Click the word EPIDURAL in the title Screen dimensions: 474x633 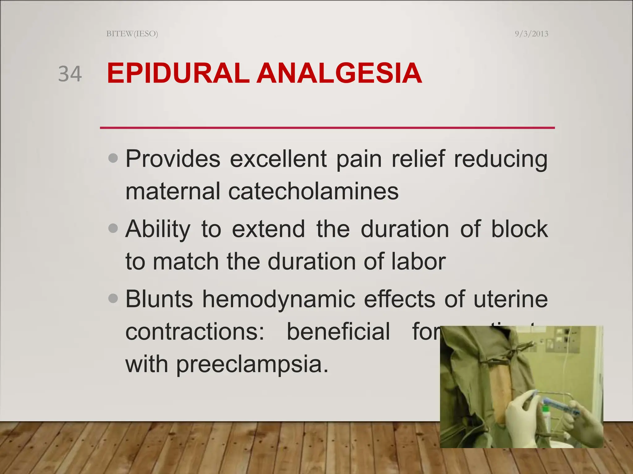tap(178, 73)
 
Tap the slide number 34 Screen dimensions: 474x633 tap(70, 74)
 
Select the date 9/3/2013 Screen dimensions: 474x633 tap(531, 34)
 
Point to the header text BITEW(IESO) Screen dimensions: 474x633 tap(132, 34)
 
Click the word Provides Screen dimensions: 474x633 tap(173, 159)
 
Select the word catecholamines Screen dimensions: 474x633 tap(313, 191)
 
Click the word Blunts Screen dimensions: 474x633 tap(159, 299)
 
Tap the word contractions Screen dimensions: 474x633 tap(195, 332)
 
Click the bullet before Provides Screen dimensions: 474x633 tap(113, 158)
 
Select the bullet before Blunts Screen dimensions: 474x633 tap(113, 298)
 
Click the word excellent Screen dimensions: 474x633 tap(278, 159)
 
